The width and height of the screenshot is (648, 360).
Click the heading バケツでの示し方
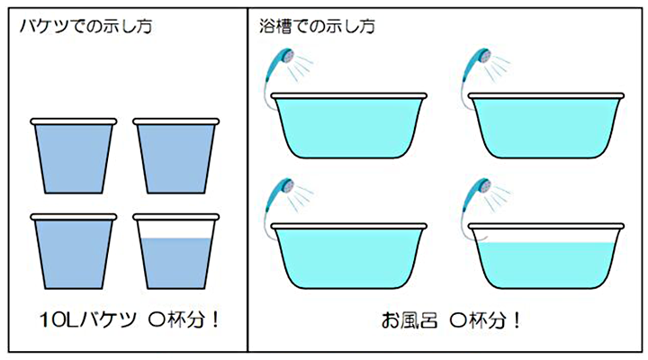tap(86, 27)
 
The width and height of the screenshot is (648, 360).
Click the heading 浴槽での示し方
tap(318, 27)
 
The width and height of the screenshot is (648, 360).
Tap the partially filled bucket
tap(176, 252)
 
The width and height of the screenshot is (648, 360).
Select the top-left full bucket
tap(74, 157)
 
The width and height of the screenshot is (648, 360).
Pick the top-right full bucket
tap(176, 157)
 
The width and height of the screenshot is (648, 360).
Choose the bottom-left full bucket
tap(74, 252)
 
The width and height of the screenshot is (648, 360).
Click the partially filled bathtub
tap(546, 256)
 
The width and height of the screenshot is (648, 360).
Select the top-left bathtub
tap(349, 126)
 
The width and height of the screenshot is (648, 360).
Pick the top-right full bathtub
tap(546, 126)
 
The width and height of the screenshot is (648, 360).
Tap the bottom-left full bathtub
tap(349, 256)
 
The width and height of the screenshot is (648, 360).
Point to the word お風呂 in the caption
tap(409, 320)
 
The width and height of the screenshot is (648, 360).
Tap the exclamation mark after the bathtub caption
tap(517, 320)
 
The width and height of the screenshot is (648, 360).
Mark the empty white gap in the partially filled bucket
tap(176, 229)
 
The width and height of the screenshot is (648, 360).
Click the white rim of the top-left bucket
tap(74, 121)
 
